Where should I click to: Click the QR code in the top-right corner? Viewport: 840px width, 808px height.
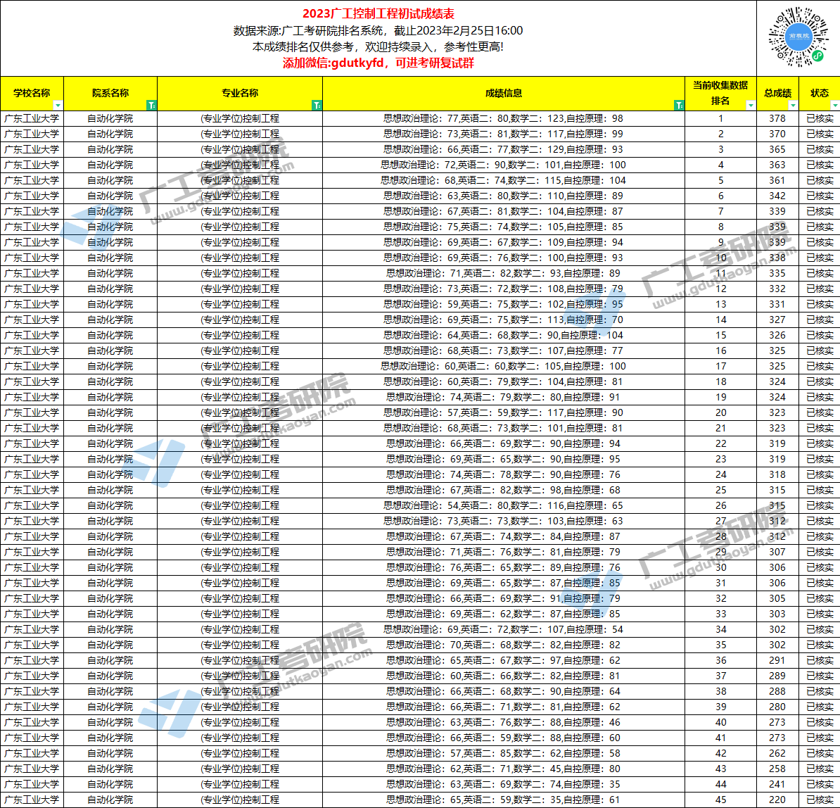pos(798,37)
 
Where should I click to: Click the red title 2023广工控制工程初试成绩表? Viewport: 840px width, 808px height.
pos(378,14)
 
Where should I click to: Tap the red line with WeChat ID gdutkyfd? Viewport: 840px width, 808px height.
pos(378,63)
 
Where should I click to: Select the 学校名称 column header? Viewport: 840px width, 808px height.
pos(32,93)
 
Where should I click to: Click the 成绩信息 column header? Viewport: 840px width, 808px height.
pos(503,93)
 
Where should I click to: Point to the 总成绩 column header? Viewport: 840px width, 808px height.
pos(777,93)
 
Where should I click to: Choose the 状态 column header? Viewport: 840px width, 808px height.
pos(820,93)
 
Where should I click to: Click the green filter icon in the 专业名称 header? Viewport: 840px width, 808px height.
pos(317,106)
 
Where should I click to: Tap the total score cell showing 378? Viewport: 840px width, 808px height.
pos(777,118)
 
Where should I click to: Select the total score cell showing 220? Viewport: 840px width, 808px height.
pos(777,800)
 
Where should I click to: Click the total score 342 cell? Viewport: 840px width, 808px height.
pos(777,196)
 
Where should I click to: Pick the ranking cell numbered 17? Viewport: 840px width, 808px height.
pos(720,366)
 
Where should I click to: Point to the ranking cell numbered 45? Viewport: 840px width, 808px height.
pos(720,800)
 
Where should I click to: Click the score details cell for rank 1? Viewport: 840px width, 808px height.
pos(503,118)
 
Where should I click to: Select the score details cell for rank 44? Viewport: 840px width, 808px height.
pos(503,784)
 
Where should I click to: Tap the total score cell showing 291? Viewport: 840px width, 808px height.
pos(777,660)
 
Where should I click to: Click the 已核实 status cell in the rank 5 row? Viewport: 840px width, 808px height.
pos(820,180)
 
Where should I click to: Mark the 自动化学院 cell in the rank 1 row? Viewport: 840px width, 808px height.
pos(110,118)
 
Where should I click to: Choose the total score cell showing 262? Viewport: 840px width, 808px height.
pos(777,753)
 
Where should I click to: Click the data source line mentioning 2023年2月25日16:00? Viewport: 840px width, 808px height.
pos(378,30)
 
